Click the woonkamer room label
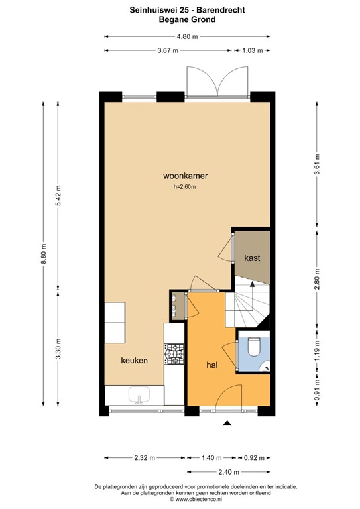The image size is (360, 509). (185, 176)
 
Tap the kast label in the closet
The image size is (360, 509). (252, 258)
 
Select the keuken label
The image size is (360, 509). (135, 360)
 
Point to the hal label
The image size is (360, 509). (212, 365)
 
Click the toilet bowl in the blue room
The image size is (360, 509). (253, 347)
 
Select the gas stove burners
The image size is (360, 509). (174, 354)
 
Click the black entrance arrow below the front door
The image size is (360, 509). (227, 423)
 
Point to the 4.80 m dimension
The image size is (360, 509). (188, 36)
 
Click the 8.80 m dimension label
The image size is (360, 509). (44, 254)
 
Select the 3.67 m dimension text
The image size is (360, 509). (168, 50)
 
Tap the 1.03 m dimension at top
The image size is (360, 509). (253, 50)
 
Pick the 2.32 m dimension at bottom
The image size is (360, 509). (145, 458)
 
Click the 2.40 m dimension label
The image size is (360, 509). (229, 472)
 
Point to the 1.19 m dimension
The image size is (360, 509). (317, 350)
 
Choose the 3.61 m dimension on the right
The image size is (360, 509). (317, 164)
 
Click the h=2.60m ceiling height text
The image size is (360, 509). (184, 187)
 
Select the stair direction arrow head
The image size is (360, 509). (251, 284)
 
